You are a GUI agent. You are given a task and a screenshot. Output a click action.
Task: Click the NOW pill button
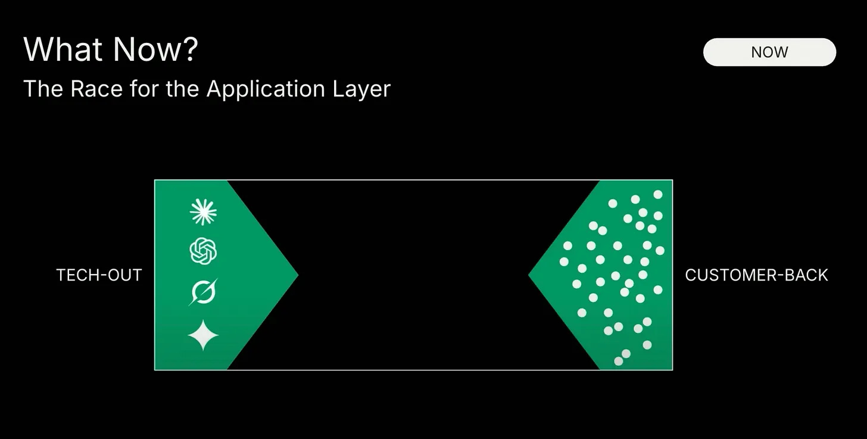[769, 52]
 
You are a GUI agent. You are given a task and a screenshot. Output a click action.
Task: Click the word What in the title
[63, 49]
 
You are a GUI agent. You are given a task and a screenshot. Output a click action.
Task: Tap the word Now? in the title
[155, 49]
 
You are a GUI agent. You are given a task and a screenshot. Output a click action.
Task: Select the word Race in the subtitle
[93, 89]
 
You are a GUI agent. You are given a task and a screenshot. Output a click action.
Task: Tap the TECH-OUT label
[99, 275]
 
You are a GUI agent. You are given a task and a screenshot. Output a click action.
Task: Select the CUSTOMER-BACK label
[756, 275]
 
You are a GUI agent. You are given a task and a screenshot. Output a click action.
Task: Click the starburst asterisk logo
[203, 212]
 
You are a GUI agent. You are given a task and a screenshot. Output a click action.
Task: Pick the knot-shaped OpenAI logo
[203, 251]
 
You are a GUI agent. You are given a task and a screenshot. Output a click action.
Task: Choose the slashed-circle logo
[203, 292]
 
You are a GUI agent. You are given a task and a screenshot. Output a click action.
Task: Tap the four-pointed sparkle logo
[203, 335]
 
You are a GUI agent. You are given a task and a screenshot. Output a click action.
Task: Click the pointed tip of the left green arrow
[296, 275]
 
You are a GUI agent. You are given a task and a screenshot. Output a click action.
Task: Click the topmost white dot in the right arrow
[658, 194]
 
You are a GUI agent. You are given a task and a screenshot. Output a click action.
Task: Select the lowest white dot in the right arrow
[619, 361]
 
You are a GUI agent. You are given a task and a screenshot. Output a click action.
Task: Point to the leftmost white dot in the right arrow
[564, 261]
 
